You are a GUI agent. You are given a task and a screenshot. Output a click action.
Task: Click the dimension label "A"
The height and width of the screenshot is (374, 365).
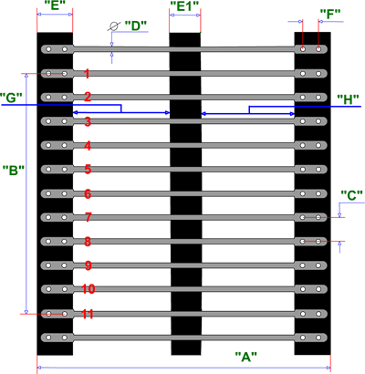click(246, 357)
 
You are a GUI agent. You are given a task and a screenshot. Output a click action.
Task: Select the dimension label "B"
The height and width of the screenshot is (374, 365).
click(14, 171)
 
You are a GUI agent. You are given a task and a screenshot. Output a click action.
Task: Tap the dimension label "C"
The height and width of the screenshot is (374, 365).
click(352, 195)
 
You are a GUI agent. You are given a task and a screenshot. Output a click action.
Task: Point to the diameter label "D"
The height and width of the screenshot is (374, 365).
click(136, 26)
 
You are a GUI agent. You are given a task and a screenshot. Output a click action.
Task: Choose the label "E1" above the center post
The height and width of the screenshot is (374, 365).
click(184, 6)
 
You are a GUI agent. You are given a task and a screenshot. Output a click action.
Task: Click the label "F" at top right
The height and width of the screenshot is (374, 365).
click(330, 15)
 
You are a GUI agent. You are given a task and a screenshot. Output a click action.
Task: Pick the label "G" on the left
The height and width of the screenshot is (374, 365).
click(11, 98)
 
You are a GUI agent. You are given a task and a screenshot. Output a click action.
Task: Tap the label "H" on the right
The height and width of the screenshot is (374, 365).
click(348, 99)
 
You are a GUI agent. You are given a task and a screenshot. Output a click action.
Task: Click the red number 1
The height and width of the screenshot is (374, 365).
click(87, 74)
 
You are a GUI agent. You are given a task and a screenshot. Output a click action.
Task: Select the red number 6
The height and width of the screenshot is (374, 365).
click(88, 193)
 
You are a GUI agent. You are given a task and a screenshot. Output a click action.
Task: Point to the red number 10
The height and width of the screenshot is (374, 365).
click(89, 289)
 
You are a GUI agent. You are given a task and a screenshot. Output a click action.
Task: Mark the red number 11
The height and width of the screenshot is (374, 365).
click(88, 314)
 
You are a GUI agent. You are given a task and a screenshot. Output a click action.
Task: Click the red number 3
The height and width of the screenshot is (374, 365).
click(88, 121)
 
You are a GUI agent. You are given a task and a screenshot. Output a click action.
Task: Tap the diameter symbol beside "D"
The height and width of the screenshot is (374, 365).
click(113, 26)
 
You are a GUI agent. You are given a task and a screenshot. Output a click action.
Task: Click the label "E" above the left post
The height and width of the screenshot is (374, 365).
click(55, 5)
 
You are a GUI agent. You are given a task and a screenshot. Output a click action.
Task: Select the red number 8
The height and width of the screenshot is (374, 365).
click(88, 242)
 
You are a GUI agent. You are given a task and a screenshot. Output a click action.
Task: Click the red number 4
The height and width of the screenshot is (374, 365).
click(88, 146)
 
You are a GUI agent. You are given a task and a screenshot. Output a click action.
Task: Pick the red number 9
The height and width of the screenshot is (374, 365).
click(88, 265)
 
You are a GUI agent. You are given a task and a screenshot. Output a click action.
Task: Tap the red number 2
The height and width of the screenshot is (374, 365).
click(88, 97)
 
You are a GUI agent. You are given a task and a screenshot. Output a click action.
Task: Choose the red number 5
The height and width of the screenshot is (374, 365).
click(88, 170)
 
